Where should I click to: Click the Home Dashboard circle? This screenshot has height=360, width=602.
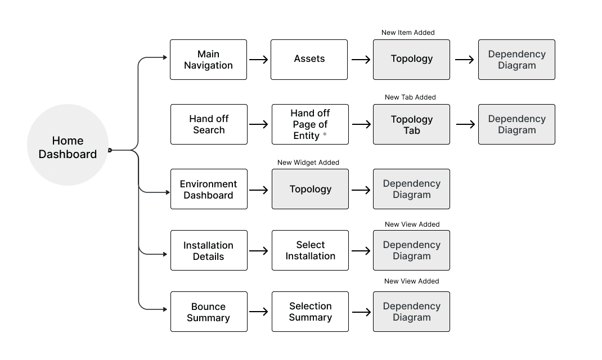point(68,145)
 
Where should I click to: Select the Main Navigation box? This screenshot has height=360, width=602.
point(208,60)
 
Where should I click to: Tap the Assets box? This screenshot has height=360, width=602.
point(309,60)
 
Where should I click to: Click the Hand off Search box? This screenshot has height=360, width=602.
point(209,124)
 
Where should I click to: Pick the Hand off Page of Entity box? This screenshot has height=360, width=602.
point(310,124)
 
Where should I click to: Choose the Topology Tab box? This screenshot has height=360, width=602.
point(411,124)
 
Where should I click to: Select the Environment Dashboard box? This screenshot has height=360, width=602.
point(209,189)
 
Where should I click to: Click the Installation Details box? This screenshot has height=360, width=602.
point(209,250)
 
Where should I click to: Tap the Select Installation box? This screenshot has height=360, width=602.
point(310,250)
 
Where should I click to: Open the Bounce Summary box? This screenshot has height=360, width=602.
point(209,312)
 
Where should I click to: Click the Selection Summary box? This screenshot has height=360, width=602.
point(310,312)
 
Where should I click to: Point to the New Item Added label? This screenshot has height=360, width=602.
point(408,33)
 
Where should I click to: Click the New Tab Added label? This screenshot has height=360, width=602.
point(410,97)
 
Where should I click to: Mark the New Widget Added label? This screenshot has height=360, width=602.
point(308,163)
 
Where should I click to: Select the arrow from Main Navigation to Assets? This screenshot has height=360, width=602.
point(259,60)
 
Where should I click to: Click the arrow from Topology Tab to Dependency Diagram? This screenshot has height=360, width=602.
point(465,124)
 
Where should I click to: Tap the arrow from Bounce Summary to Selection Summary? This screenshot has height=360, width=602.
point(259,312)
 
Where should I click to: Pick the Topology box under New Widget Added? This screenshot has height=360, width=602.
point(310,189)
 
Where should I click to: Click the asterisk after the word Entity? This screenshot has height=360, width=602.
point(325,135)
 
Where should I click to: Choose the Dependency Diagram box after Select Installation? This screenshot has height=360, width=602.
point(411,250)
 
